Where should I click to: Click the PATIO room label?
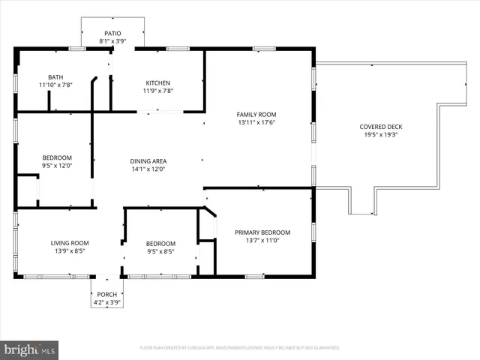112,34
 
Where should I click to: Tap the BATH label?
55,77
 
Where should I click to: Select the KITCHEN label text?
157,82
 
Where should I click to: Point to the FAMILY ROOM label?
256,114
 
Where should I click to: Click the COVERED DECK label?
380,127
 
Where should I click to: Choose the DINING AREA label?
148,161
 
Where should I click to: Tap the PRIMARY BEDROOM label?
262,232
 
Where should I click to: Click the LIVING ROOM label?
70,243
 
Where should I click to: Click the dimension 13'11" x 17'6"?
256,122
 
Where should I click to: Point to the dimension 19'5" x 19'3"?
380,135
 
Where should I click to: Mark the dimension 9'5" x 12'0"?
55,166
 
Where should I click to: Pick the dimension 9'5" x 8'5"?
160,252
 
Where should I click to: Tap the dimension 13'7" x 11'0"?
262,241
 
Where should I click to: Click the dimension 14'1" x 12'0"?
148,169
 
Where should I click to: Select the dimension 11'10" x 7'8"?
55,85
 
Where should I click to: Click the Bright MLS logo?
30,349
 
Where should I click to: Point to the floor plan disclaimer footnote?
240,348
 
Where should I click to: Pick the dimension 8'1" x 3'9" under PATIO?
112,42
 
